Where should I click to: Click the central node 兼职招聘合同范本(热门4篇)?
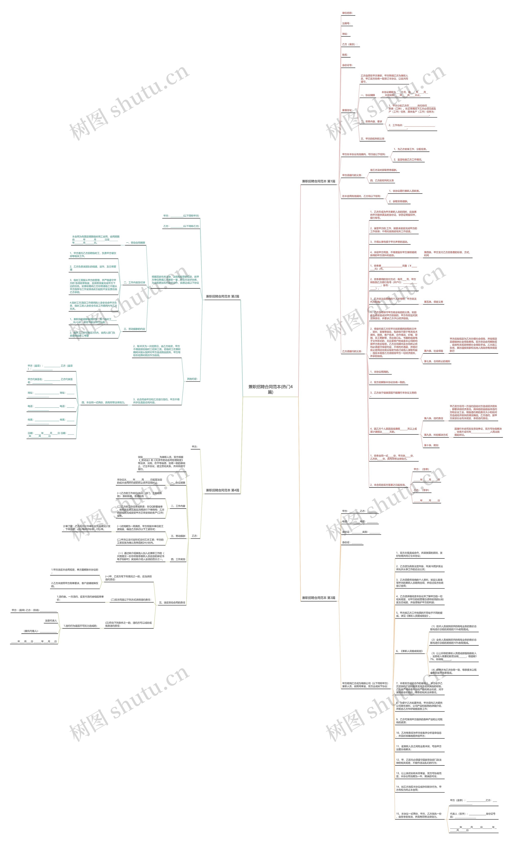(270, 389)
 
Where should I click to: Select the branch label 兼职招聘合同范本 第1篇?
(318, 181)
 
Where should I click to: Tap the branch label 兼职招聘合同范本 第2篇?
(222, 296)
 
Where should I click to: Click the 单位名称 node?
(347, 13)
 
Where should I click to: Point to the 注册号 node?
(346, 24)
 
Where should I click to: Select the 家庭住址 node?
(347, 110)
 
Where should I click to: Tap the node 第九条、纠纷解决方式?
(436, 435)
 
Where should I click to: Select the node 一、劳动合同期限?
(135, 243)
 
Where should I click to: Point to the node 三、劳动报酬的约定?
(134, 329)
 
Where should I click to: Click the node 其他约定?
(192, 379)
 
